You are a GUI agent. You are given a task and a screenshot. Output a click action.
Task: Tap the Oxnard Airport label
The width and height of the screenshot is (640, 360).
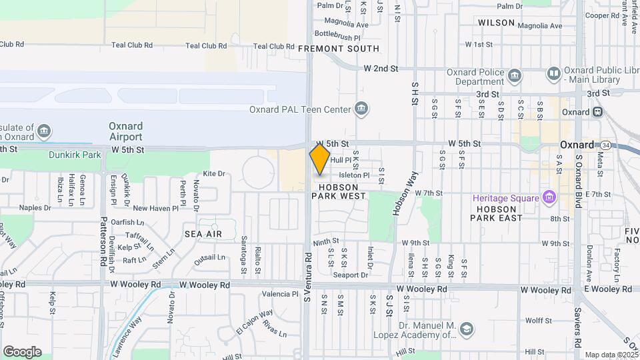(x=125, y=131)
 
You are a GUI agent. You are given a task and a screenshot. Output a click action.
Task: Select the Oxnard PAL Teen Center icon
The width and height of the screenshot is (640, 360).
(x=361, y=109)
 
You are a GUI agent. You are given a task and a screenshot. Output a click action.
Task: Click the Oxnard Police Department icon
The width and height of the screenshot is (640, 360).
(x=514, y=75)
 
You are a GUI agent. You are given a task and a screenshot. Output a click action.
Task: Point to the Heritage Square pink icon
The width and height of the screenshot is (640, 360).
(x=549, y=197)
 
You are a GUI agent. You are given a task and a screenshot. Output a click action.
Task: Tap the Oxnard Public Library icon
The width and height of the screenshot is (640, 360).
(x=553, y=73)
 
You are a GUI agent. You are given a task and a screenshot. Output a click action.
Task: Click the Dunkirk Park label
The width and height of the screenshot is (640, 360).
(x=74, y=155)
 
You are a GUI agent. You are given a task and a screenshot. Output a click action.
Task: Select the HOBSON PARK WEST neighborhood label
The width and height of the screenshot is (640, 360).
(x=339, y=191)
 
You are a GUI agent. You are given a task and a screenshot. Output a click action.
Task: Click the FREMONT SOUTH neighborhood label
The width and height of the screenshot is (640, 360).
(x=338, y=49)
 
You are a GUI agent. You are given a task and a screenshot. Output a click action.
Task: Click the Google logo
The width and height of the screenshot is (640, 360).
(x=22, y=351)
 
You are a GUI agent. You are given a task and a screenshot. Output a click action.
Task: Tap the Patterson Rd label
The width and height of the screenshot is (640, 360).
(x=103, y=241)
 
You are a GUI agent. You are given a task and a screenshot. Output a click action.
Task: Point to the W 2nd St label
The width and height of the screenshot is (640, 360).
(x=381, y=69)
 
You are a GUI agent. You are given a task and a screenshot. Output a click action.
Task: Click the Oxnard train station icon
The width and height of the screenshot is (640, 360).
(x=597, y=111)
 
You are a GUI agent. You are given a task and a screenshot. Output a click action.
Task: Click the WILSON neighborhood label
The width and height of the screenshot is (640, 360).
(x=497, y=23)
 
